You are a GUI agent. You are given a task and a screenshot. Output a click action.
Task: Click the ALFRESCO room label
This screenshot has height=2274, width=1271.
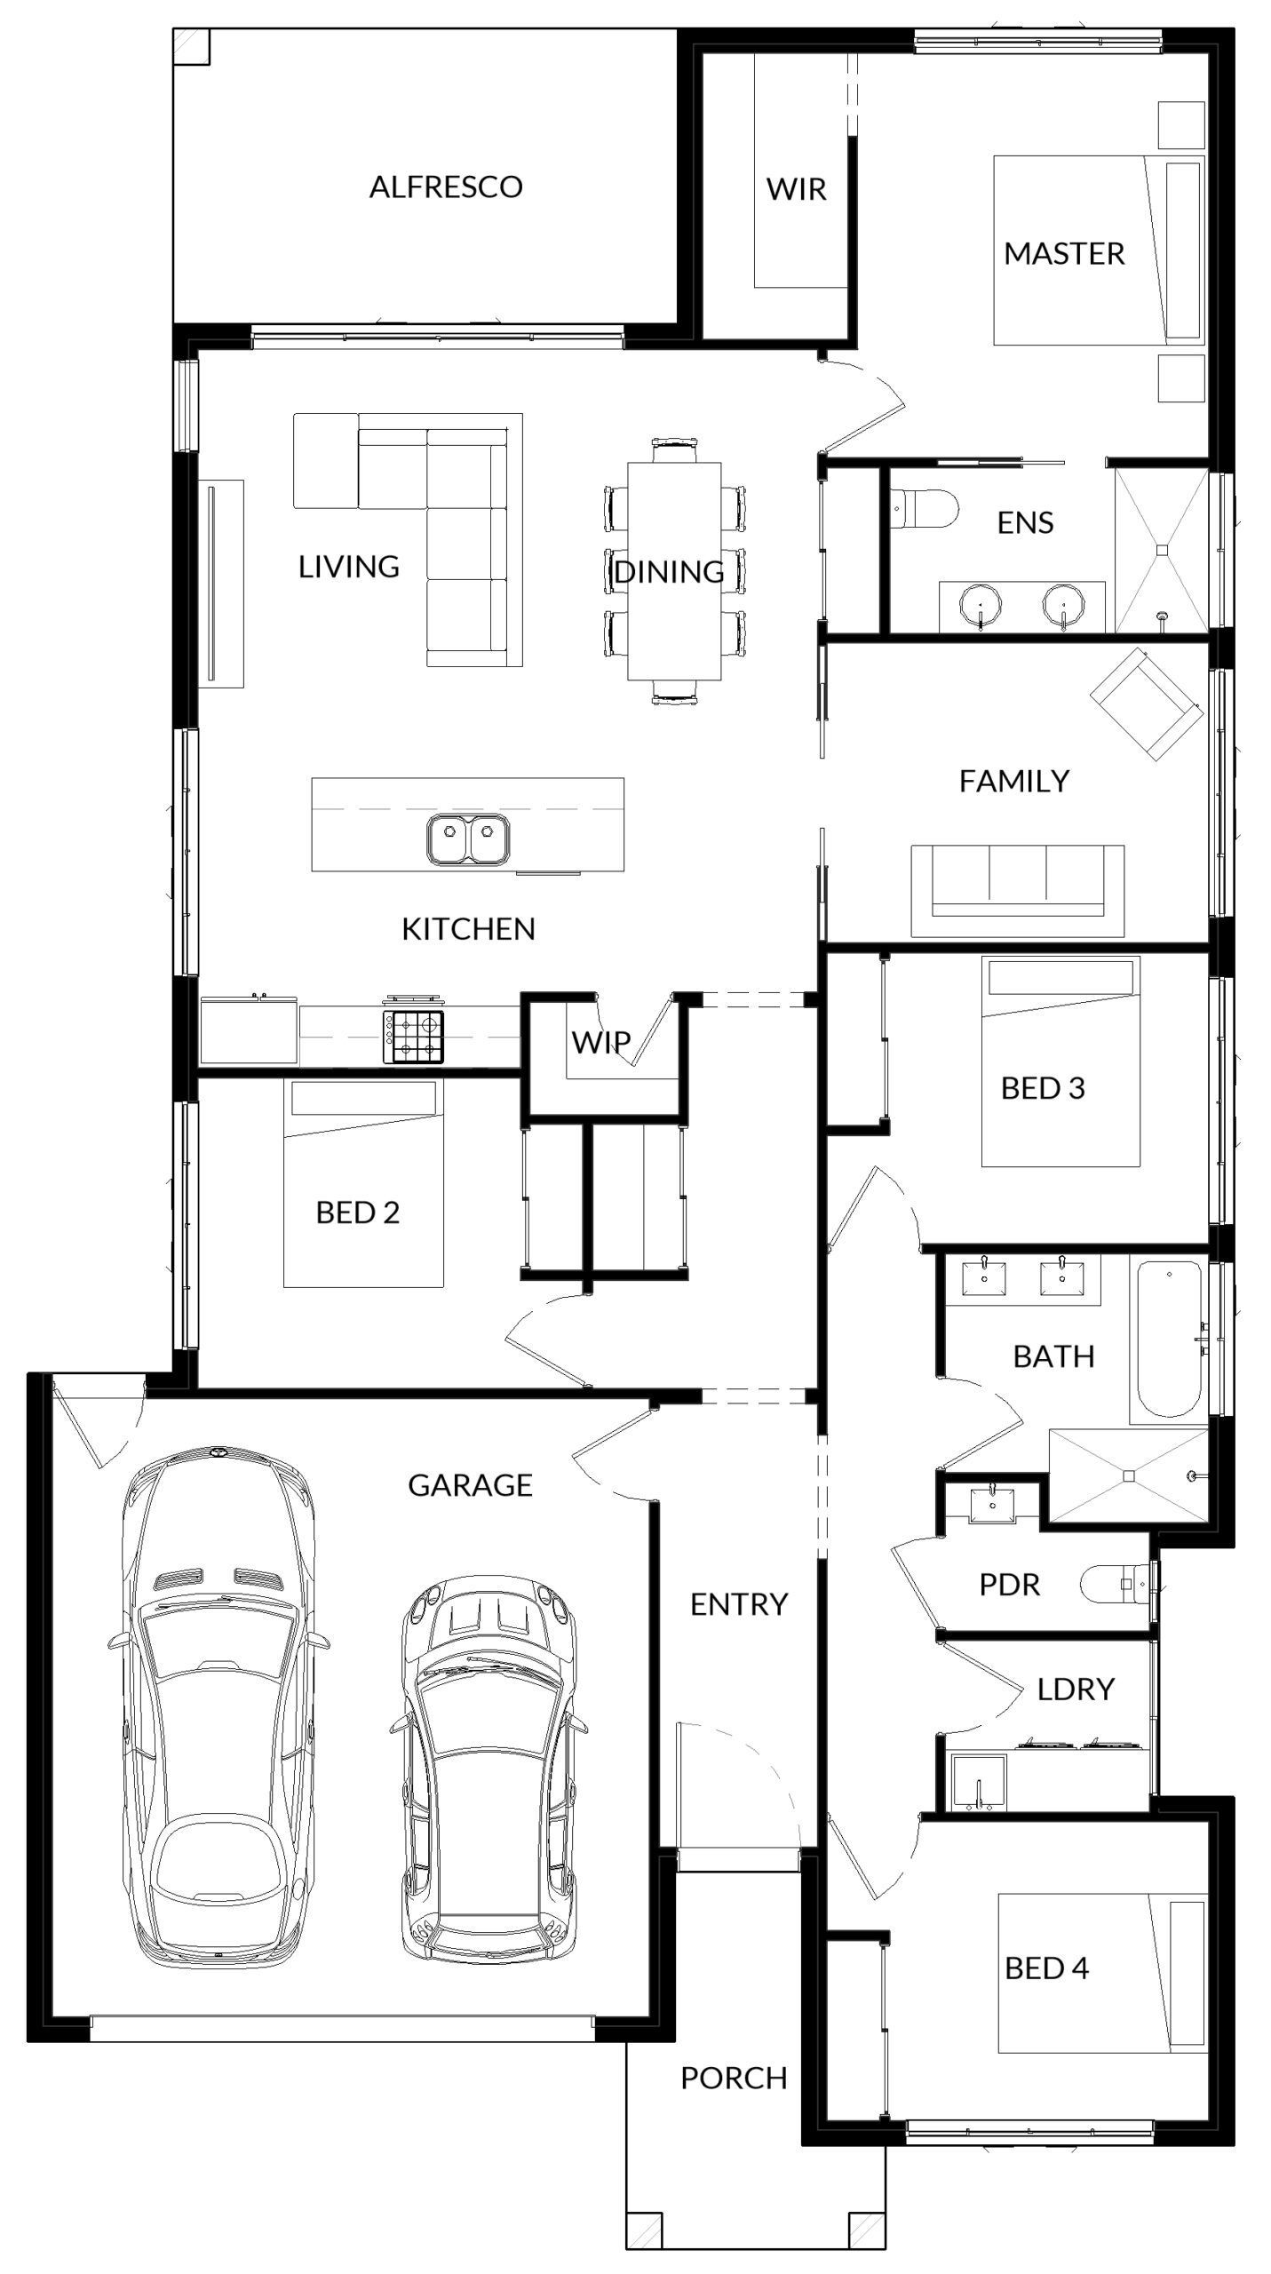click(446, 187)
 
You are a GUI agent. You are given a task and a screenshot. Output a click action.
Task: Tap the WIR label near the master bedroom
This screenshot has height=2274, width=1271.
click(797, 189)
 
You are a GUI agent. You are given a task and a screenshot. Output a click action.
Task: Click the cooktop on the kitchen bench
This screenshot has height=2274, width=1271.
click(413, 1037)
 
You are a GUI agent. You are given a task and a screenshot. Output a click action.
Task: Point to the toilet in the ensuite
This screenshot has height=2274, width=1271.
click(925, 509)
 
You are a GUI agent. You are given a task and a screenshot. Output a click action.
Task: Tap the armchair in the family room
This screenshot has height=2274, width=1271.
click(1147, 704)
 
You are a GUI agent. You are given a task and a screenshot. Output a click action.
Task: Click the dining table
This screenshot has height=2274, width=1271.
click(674, 570)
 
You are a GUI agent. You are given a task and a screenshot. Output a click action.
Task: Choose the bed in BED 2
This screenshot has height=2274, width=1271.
click(363, 1184)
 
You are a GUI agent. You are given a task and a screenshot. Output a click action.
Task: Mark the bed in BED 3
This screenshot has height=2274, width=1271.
click(1060, 1061)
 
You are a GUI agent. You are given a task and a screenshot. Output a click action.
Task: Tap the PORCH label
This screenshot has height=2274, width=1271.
click(734, 2079)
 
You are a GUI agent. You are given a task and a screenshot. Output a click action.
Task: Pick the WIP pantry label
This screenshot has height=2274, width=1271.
click(601, 1042)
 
